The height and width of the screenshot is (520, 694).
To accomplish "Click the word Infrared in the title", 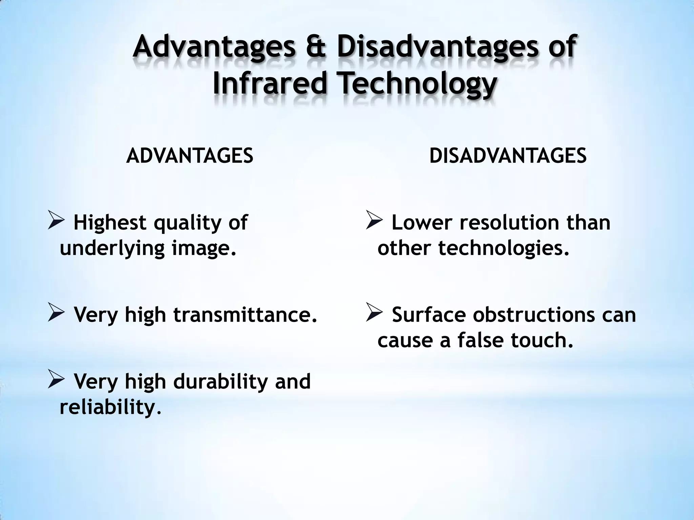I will (270, 84).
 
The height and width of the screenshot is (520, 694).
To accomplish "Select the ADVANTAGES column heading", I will (190, 156).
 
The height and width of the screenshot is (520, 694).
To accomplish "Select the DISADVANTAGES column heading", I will (508, 156).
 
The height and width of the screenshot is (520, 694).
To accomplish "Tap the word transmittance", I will (246, 315).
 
